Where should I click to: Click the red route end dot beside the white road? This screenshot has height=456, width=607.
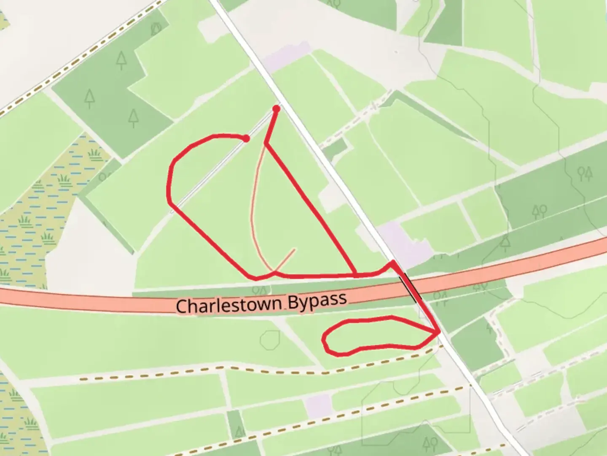[277, 109]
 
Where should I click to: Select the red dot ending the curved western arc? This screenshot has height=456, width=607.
[247, 138]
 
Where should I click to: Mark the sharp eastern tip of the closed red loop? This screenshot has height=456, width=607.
[439, 333]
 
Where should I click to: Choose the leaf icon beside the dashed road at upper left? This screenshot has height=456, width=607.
[156, 29]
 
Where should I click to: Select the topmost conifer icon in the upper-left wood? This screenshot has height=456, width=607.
[122, 60]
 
